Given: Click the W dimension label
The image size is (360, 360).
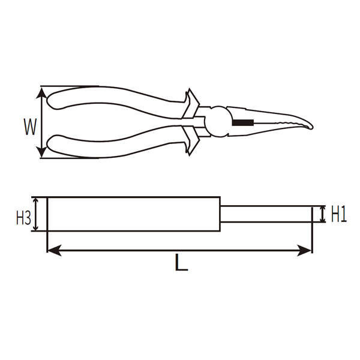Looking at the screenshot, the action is pyautogui.click(x=30, y=127).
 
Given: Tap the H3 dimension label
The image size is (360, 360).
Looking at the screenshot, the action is pyautogui.click(x=23, y=218).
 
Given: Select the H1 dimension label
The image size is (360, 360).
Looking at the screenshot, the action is pyautogui.click(x=338, y=215).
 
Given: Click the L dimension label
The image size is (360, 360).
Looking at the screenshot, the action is pyautogui.click(x=181, y=262).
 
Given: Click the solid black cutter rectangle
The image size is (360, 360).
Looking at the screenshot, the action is pyautogui.click(x=243, y=122).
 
